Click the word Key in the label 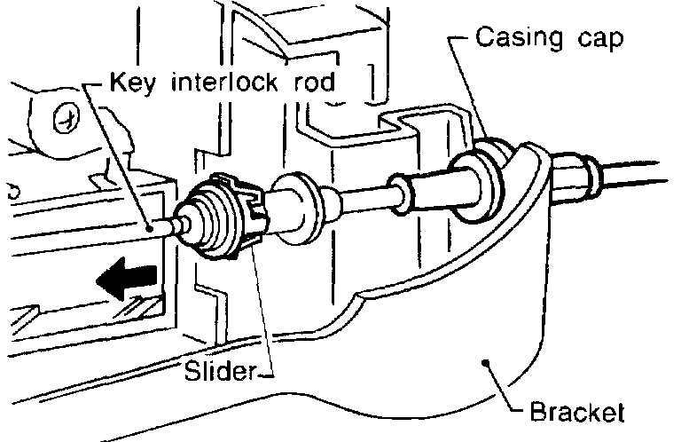click(x=129, y=83)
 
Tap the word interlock click(x=215, y=83)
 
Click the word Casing click(x=512, y=38)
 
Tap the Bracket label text click(x=576, y=414)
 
